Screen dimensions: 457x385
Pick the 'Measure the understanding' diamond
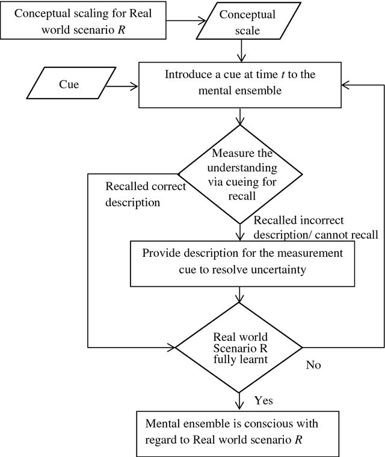click(x=241, y=174)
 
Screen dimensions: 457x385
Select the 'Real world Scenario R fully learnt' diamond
click(x=241, y=347)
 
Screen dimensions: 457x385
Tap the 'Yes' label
click(x=265, y=399)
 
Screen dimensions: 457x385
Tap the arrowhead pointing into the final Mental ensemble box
click(x=241, y=406)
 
